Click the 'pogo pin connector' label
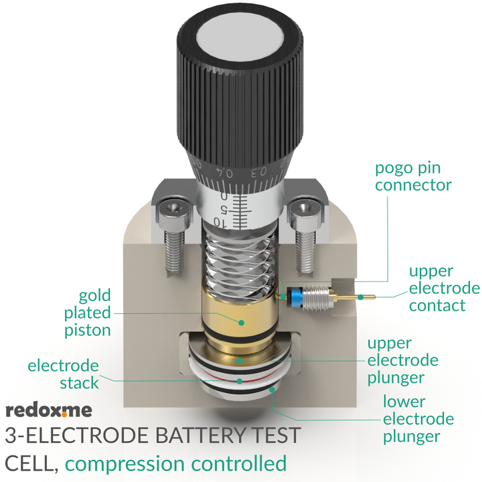click(413, 176)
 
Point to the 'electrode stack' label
click(63, 374)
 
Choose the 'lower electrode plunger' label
click(418, 419)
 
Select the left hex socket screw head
click(171, 214)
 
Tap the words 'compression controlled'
click(177, 463)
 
